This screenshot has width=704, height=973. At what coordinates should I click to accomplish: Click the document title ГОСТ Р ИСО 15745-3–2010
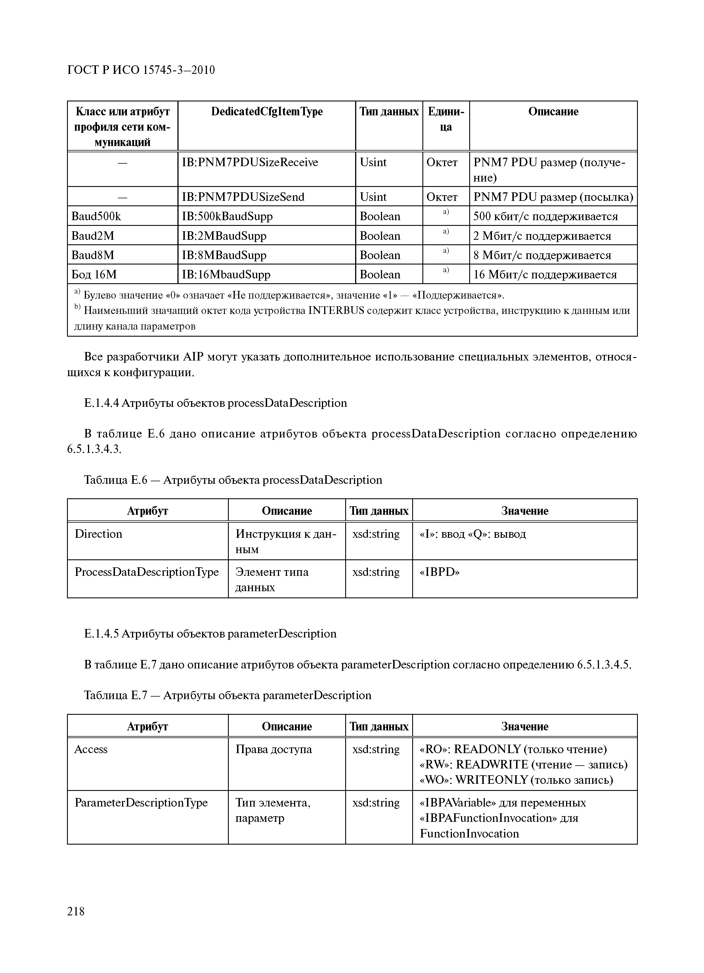[x=141, y=70]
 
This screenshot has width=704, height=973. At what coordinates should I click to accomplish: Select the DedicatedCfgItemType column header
[x=267, y=112]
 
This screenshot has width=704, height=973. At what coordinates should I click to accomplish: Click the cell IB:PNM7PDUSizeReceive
[x=250, y=162]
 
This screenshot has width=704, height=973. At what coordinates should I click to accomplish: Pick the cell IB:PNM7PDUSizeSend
[x=243, y=197]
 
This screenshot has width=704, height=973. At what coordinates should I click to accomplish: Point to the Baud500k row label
[x=97, y=216]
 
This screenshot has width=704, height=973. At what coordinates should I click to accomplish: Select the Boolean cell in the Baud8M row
[x=380, y=255]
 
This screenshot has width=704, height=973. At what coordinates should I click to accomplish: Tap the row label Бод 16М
[x=94, y=274]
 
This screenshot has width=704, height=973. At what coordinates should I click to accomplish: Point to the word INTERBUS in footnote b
[x=336, y=311]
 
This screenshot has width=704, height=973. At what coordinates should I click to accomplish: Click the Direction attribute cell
[x=99, y=534]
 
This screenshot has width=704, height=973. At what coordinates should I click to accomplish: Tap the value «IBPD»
[x=439, y=572]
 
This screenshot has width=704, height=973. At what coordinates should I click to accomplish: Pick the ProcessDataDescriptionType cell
[x=147, y=572]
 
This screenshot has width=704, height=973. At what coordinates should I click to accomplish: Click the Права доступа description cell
[x=274, y=749]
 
